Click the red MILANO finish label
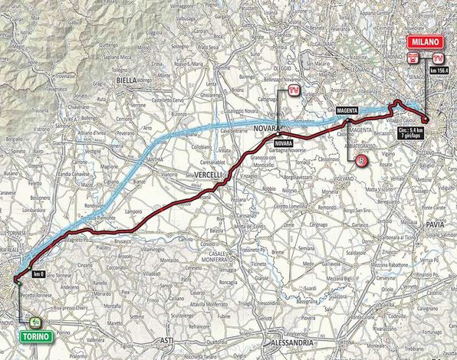[x=422, y=42]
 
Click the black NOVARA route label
[x=282, y=143]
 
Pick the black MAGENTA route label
[x=349, y=110]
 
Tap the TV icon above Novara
[x=294, y=92]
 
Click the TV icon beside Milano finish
[x=438, y=58]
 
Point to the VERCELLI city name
[x=209, y=175]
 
